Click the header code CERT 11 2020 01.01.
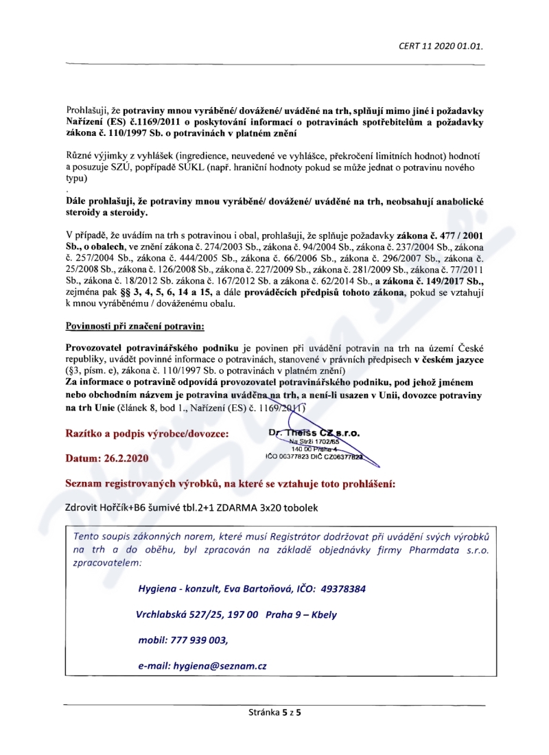pyautogui.click(x=441, y=47)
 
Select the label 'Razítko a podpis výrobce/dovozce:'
pyautogui.click(x=147, y=434)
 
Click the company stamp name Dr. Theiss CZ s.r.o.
pyautogui.click(x=315, y=433)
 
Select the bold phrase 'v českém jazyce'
pyautogui.click(x=448, y=360)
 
